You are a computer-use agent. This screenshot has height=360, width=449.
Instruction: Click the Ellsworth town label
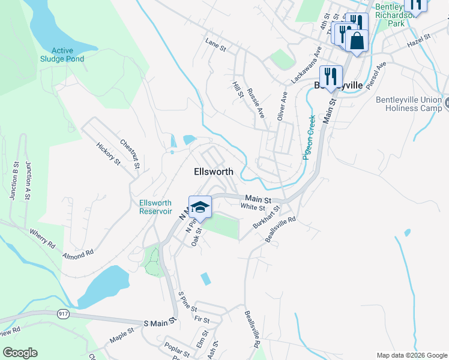click(214, 172)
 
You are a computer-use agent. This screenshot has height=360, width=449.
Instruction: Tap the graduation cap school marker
click(200, 208)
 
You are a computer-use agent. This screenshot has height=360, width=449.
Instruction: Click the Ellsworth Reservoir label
click(156, 207)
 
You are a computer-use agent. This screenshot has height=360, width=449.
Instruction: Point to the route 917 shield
click(62, 314)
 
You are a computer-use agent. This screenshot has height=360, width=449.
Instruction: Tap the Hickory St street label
click(109, 154)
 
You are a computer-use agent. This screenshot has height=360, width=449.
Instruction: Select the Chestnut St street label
click(130, 152)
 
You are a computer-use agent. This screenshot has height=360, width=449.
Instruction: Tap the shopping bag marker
click(357, 41)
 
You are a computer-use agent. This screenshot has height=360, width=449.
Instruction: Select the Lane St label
click(215, 44)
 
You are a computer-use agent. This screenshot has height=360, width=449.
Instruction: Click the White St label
click(253, 208)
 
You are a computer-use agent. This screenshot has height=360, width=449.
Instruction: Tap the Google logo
click(20, 353)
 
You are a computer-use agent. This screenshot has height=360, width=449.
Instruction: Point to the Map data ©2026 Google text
click(411, 355)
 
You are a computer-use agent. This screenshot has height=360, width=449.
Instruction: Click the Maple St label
click(122, 335)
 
